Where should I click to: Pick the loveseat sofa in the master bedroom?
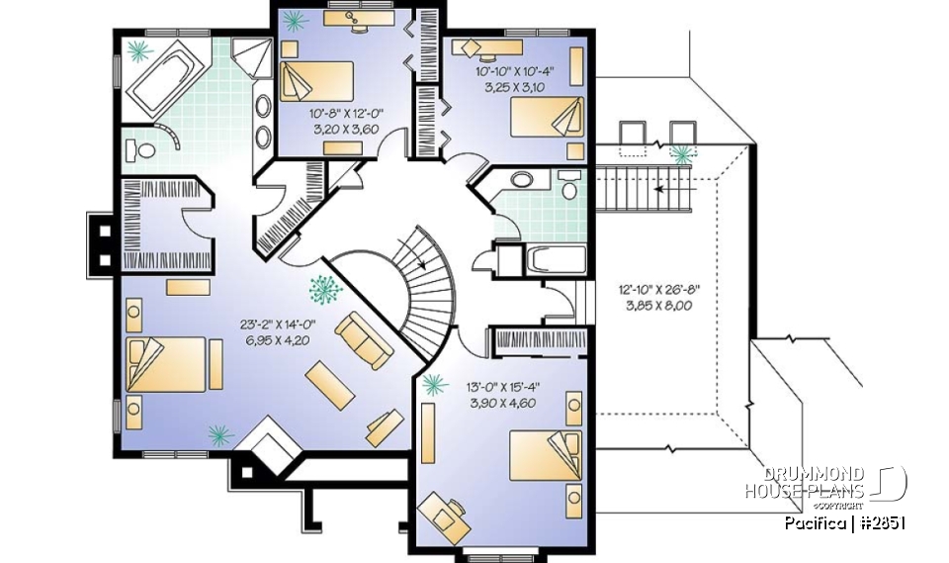coord(364,339)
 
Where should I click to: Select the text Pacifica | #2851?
coord(845,522)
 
